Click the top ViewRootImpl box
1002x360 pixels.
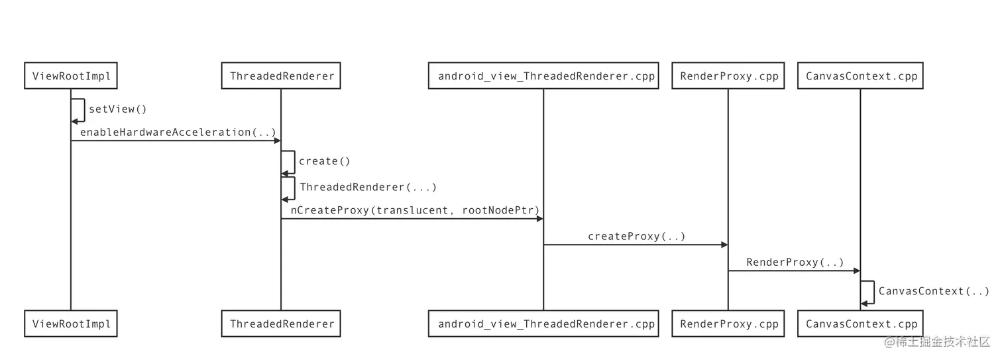71,76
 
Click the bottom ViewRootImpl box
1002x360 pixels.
71,324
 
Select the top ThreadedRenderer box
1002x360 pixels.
281,76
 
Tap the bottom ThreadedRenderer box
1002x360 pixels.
281,324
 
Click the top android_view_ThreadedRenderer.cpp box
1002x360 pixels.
543,76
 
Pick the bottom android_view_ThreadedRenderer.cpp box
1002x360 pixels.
543,324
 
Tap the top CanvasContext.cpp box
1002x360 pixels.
860,76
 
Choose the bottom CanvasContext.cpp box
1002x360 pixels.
860,324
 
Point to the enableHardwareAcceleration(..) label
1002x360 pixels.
178,133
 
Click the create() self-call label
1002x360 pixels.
325,161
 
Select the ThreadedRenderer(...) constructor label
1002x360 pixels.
368,187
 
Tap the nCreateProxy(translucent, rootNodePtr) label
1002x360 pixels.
415,210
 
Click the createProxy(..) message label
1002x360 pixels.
636,236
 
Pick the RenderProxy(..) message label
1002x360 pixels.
795,262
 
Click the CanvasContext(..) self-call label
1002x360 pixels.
933,290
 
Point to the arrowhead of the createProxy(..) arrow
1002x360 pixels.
724,245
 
